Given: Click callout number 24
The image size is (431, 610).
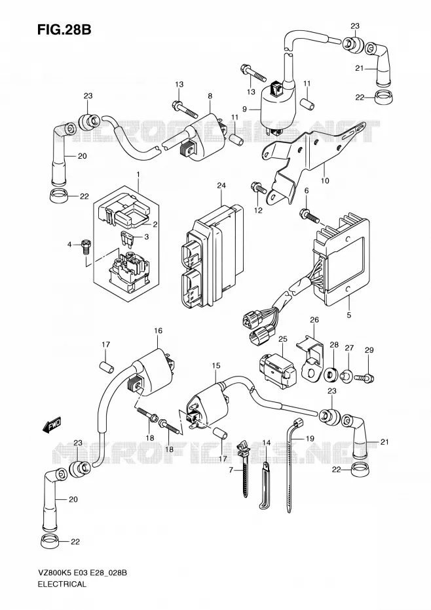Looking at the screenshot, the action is tap(221, 186).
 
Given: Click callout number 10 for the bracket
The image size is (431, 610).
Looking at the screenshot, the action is tap(325, 180).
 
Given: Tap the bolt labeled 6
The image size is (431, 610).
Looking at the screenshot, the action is tap(309, 216).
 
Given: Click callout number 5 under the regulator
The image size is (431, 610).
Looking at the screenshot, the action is tap(348, 315).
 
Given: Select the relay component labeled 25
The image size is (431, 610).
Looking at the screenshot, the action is tap(276, 367).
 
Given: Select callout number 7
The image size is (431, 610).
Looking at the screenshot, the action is tap(231, 470).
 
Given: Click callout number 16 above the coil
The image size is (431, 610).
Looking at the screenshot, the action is tap(158, 331).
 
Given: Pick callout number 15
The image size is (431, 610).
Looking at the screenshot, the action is tap(216, 365).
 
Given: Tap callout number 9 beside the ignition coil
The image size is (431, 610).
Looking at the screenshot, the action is tap(244, 110).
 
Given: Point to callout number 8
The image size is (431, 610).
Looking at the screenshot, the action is tap(210, 96).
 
